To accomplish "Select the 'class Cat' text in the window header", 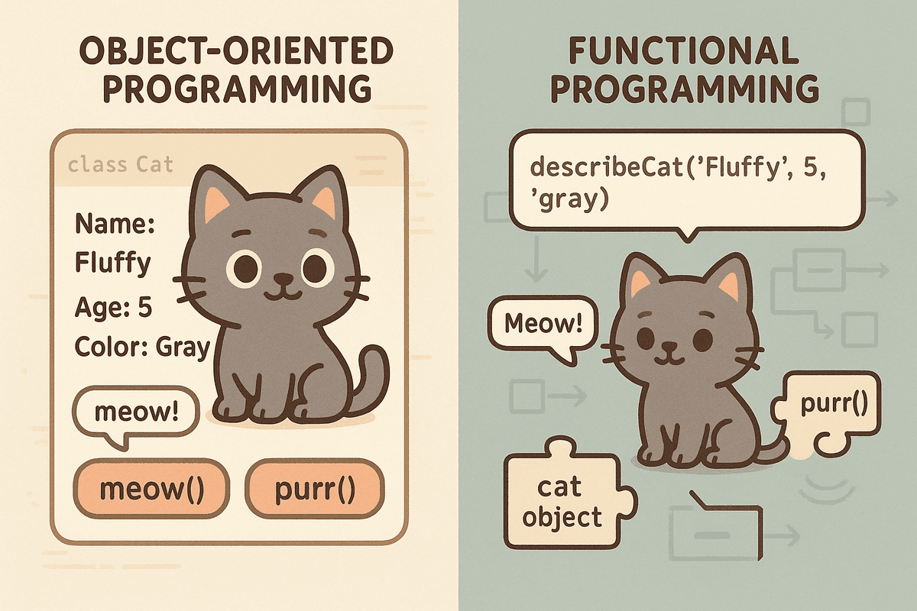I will tap(120, 164).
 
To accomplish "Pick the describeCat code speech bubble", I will tap(680, 179).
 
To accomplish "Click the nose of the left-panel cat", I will tap(283, 277).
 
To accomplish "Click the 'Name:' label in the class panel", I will tap(115, 224).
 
